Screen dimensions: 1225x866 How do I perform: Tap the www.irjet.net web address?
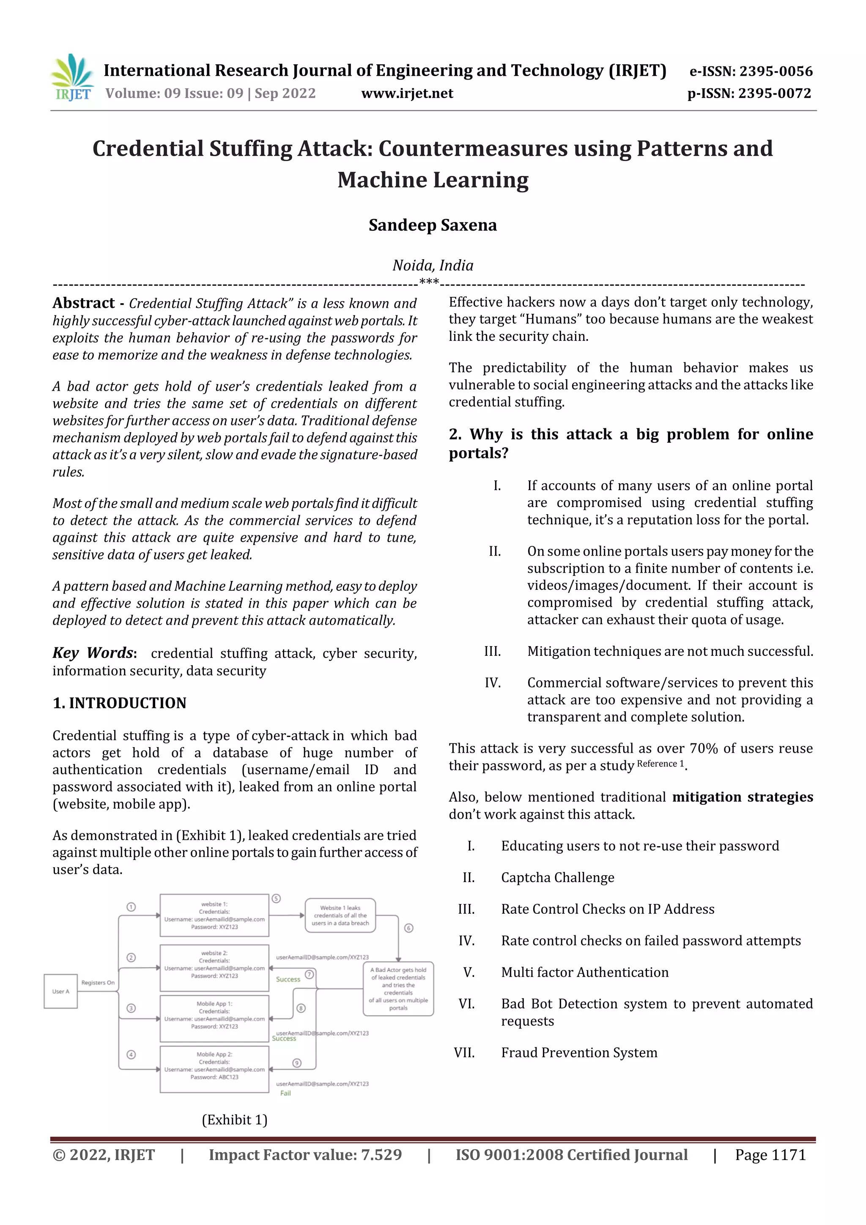407,93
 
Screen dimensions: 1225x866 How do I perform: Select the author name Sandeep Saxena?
432,225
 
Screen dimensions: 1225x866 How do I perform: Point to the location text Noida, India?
433,265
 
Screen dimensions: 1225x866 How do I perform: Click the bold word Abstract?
83,303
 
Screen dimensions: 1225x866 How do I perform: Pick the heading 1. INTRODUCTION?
120,703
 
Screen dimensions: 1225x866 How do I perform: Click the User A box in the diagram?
60,991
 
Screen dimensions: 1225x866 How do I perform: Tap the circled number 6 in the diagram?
409,928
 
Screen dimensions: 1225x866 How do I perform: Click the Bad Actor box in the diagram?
398,989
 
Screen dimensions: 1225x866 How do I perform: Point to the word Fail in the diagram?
285,1093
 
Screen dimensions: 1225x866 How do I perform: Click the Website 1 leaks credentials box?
340,915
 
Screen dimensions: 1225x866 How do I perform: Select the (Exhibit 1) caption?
234,1119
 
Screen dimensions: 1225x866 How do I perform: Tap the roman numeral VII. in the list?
464,1052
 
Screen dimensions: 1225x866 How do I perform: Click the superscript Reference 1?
660,764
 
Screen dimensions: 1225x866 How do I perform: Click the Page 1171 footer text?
770,1154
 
